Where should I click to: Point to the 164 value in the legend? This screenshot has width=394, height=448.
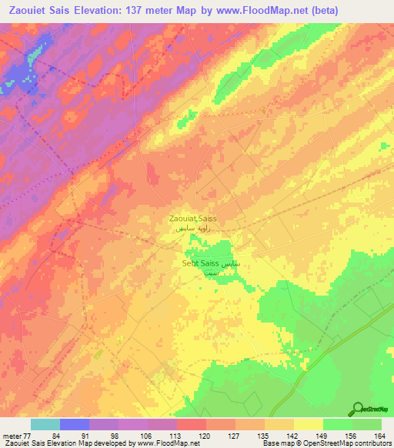click(x=379, y=435)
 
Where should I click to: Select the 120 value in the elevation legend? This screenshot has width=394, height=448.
click(x=203, y=435)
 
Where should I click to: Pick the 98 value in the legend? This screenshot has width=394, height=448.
click(x=115, y=435)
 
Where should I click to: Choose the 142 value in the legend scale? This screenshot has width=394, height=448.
click(x=291, y=435)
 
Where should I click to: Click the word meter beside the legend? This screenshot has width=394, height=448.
click(x=10, y=435)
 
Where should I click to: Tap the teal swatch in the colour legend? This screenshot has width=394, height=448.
click(x=45, y=424)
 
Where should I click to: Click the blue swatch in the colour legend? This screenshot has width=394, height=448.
click(x=74, y=424)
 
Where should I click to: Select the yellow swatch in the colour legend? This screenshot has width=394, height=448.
click(x=308, y=424)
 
